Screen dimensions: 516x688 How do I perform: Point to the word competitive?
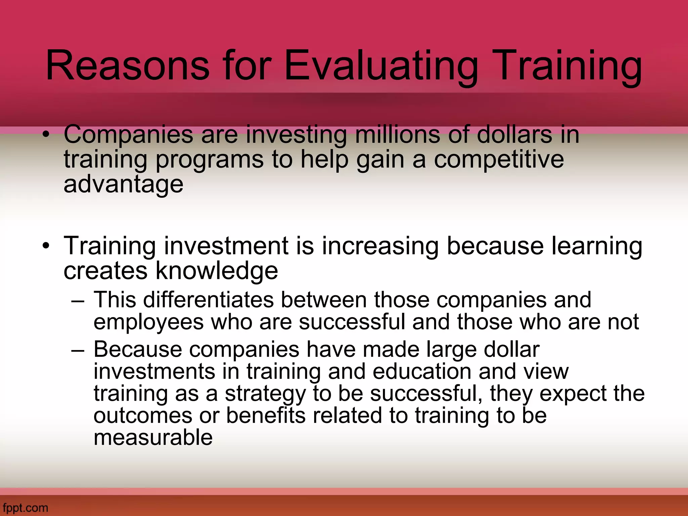click(499, 160)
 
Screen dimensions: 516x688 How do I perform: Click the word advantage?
click(123, 185)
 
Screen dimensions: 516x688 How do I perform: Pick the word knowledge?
click(217, 270)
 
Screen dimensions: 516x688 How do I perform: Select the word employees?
click(148, 322)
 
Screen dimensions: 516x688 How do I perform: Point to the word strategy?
click(265, 394)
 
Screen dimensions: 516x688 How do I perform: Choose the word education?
click(422, 371)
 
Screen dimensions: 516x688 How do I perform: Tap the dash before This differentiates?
click(78, 300)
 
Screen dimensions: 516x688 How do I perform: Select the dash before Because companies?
click(78, 350)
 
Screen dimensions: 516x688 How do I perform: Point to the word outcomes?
click(143, 416)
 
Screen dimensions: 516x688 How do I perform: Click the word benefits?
click(266, 416)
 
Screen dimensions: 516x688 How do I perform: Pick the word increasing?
click(380, 246)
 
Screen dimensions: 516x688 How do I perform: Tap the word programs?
click(210, 160)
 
